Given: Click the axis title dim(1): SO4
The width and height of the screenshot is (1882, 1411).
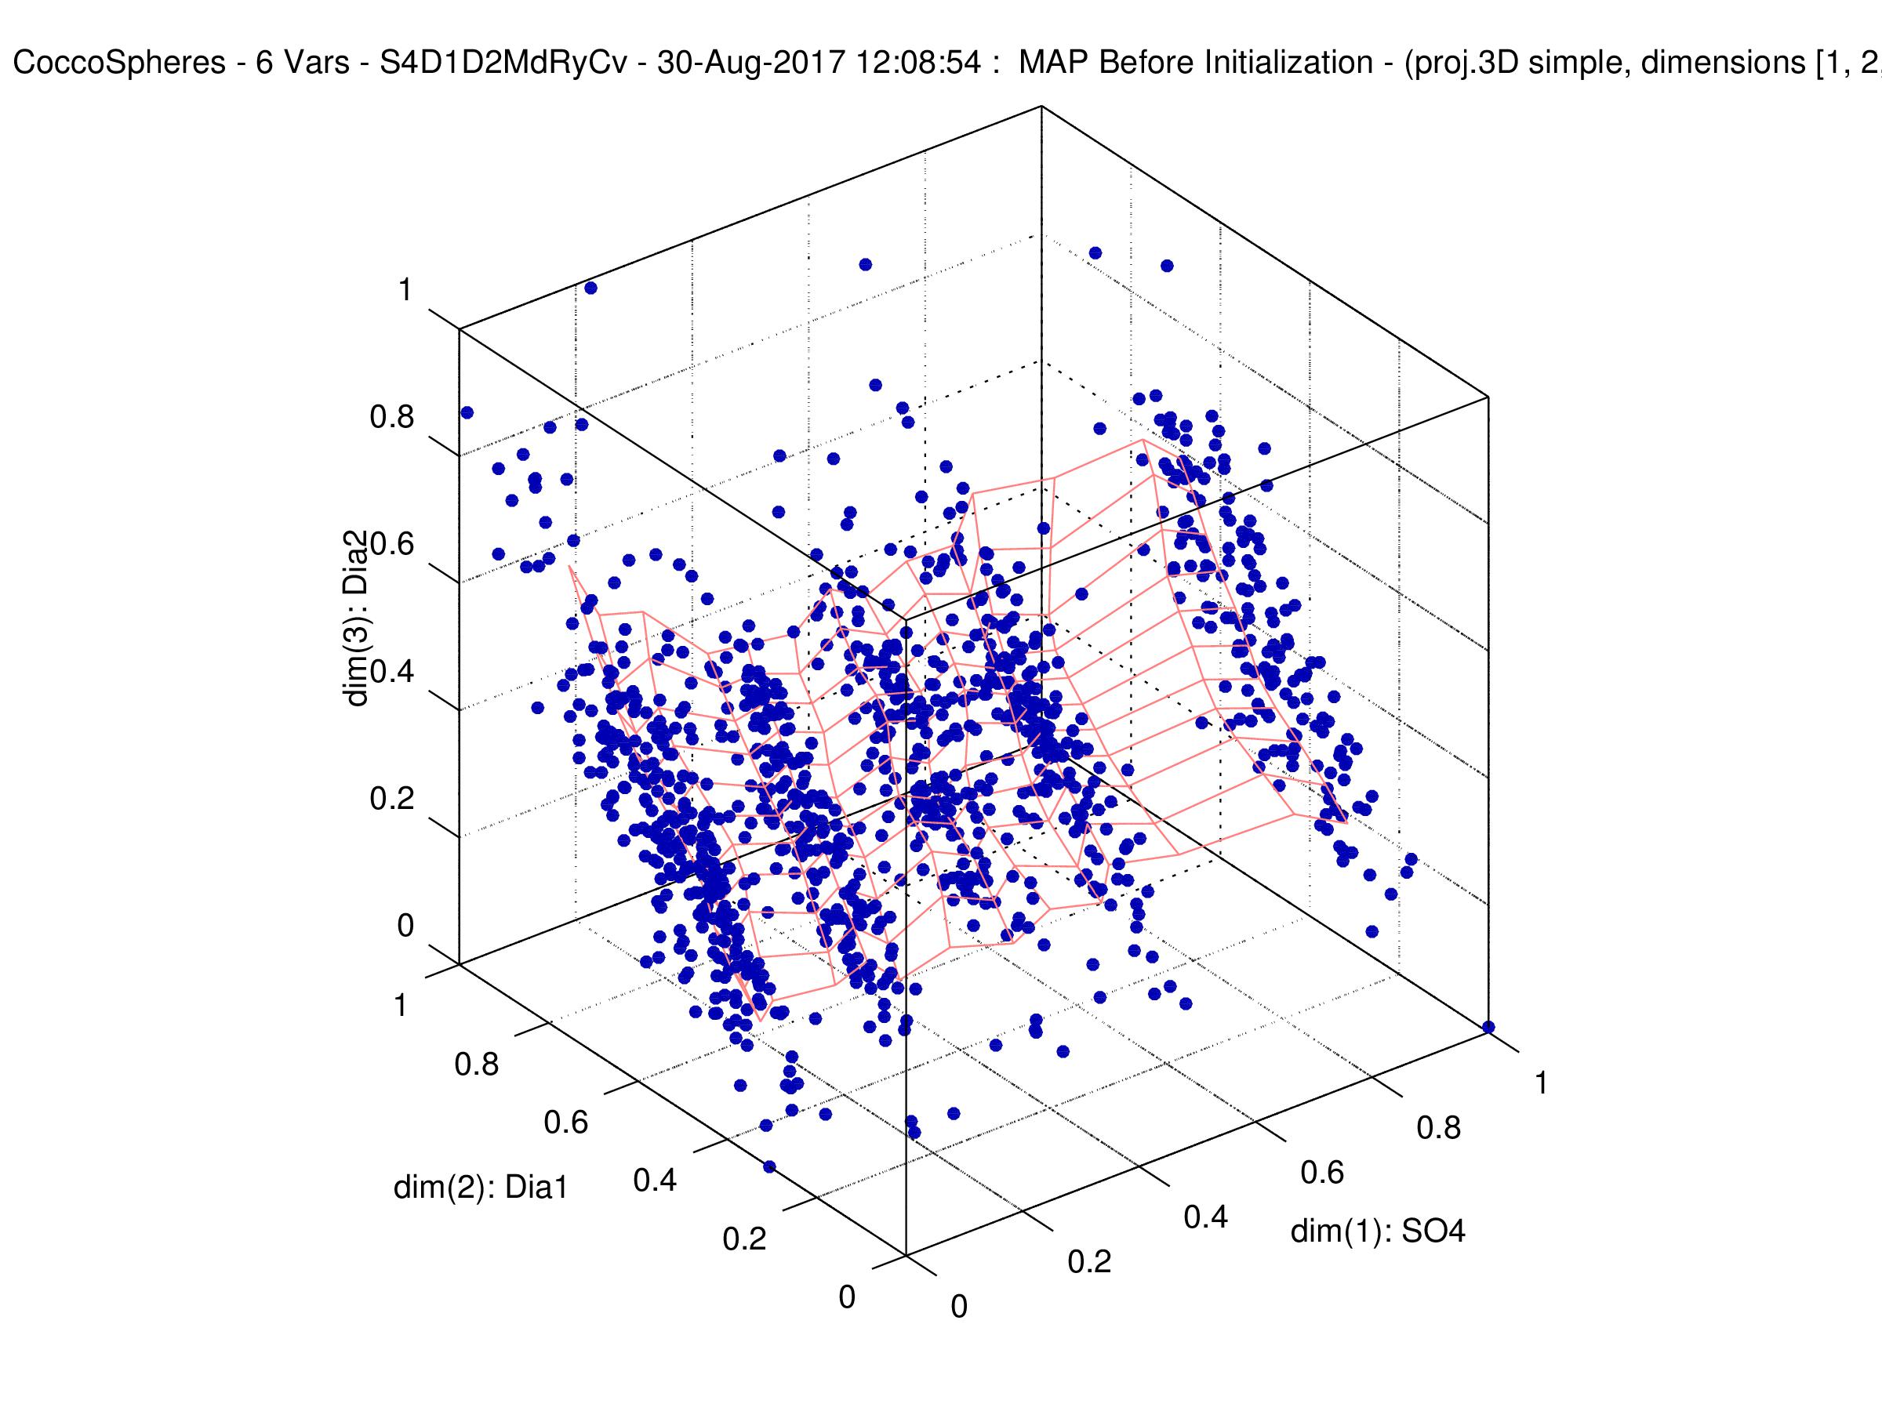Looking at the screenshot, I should tap(1379, 1231).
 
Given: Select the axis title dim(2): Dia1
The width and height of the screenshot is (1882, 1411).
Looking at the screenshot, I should tap(480, 1188).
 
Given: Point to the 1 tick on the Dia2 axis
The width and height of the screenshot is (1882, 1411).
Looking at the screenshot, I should tap(405, 291).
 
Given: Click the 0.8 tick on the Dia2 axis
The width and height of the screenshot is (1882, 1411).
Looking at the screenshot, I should tap(392, 418).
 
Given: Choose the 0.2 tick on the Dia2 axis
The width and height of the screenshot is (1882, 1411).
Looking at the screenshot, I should tap(392, 800).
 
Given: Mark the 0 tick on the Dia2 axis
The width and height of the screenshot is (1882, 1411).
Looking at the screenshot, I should tap(405, 927).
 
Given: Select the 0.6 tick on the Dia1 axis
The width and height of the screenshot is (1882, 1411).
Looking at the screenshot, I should tap(566, 1123).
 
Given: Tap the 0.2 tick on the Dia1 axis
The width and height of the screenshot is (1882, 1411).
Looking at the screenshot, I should tap(744, 1240).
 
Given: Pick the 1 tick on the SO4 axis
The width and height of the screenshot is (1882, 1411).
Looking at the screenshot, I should tap(1540, 1083).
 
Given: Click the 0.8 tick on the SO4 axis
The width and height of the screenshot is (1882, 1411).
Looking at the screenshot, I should tap(1439, 1128).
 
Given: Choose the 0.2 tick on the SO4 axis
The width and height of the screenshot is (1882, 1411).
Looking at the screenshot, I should tap(1089, 1262).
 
